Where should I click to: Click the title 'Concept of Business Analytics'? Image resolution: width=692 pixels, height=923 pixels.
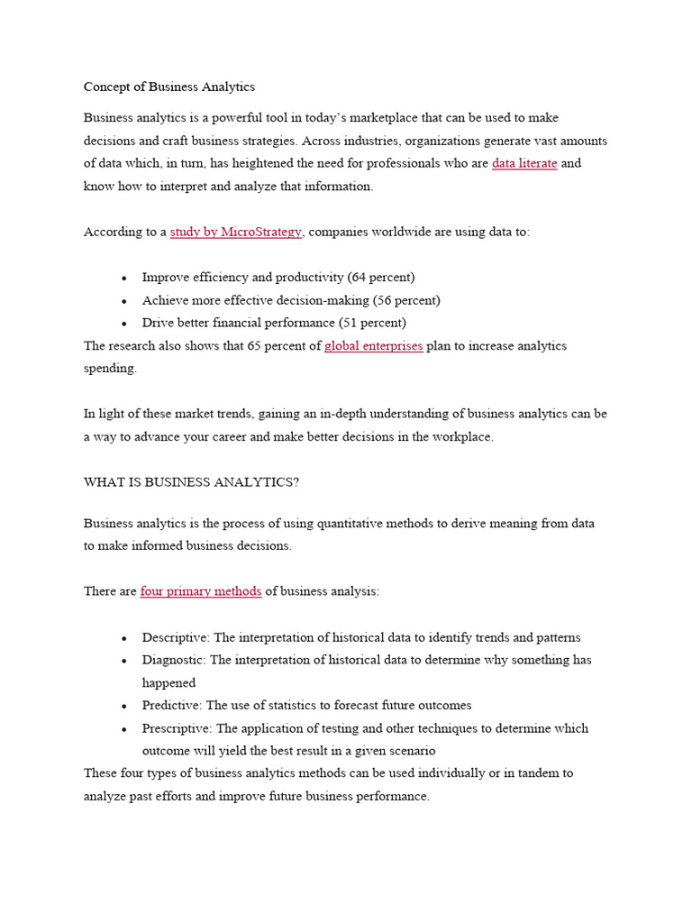point(169,87)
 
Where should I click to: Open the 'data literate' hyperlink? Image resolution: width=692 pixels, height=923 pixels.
point(524,163)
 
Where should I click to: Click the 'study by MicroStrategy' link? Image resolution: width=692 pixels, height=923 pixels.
point(236,232)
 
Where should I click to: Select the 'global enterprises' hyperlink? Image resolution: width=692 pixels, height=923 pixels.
point(373,345)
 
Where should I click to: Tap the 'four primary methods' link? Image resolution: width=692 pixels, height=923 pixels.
point(201,591)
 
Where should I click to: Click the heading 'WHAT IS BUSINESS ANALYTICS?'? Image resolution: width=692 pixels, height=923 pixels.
point(191,482)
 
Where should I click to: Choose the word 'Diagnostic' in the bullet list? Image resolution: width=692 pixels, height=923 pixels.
point(173,660)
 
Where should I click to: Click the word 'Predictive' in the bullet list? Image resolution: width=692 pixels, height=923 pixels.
point(171,705)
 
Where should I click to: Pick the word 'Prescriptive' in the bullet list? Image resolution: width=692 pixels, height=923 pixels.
point(175,727)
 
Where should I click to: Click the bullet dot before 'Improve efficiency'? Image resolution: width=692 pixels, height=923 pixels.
point(123,278)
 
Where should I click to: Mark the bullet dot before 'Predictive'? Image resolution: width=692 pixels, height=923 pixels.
point(123,706)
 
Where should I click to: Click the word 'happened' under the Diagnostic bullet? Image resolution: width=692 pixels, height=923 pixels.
point(168,682)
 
